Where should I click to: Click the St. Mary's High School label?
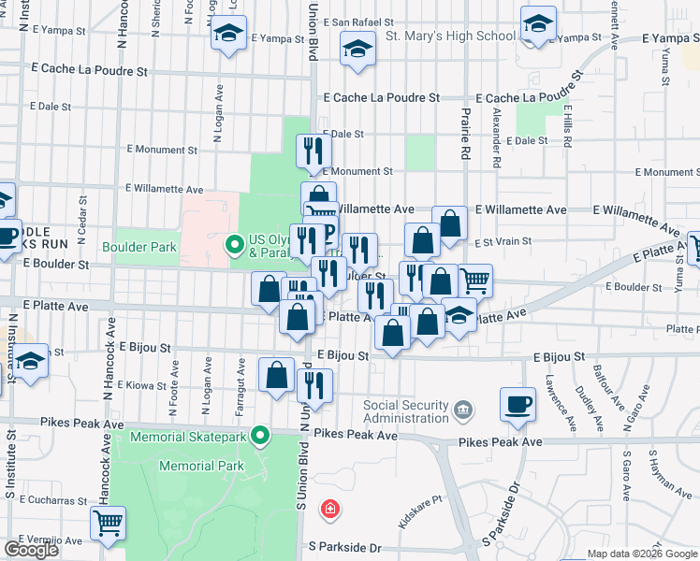450,36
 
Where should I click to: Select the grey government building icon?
463,410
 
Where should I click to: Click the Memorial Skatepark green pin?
263,436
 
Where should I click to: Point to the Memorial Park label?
202,466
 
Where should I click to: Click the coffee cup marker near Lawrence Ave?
518,404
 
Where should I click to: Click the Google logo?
31,550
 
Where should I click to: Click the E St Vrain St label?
502,241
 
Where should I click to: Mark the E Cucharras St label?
44,500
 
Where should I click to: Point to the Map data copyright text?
642,554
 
